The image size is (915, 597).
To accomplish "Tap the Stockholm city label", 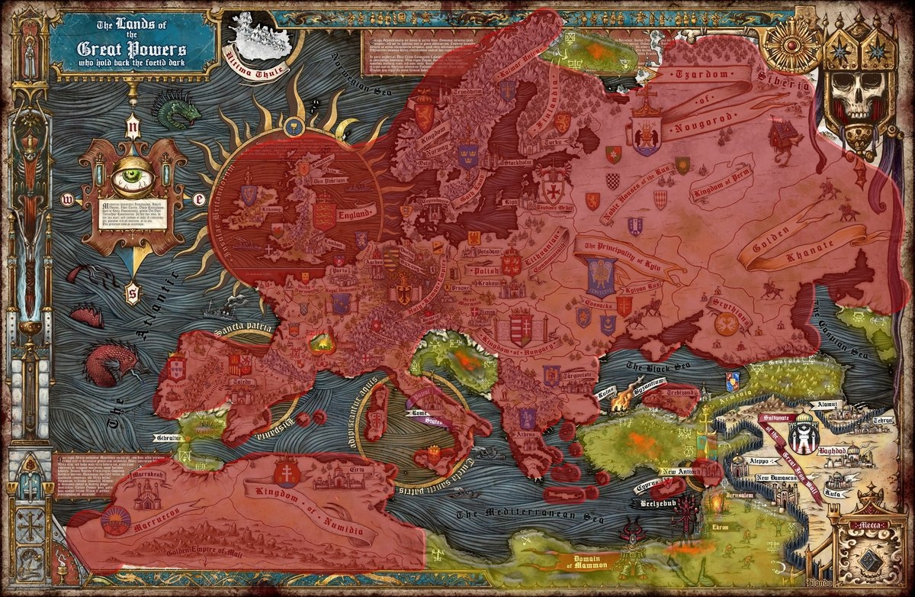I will pyautogui.click(x=515, y=163).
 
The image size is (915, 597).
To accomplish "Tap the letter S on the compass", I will pyautogui.click(x=132, y=291).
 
